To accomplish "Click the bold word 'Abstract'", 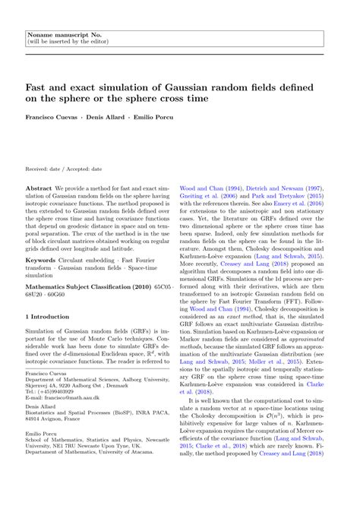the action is click(x=39, y=187).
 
